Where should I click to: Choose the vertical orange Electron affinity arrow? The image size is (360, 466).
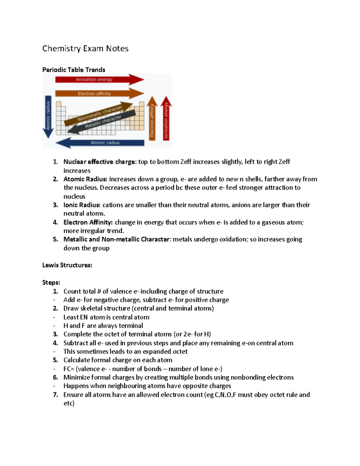(152, 119)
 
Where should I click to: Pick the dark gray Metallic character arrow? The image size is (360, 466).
(102, 122)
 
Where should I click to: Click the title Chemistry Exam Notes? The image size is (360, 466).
(85, 49)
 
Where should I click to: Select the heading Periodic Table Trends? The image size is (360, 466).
(74, 70)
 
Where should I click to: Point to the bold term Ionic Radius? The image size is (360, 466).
(82, 205)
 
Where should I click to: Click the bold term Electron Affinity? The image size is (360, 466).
(88, 222)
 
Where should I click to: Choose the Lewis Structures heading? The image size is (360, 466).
(67, 265)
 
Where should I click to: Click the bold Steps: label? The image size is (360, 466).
(51, 283)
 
